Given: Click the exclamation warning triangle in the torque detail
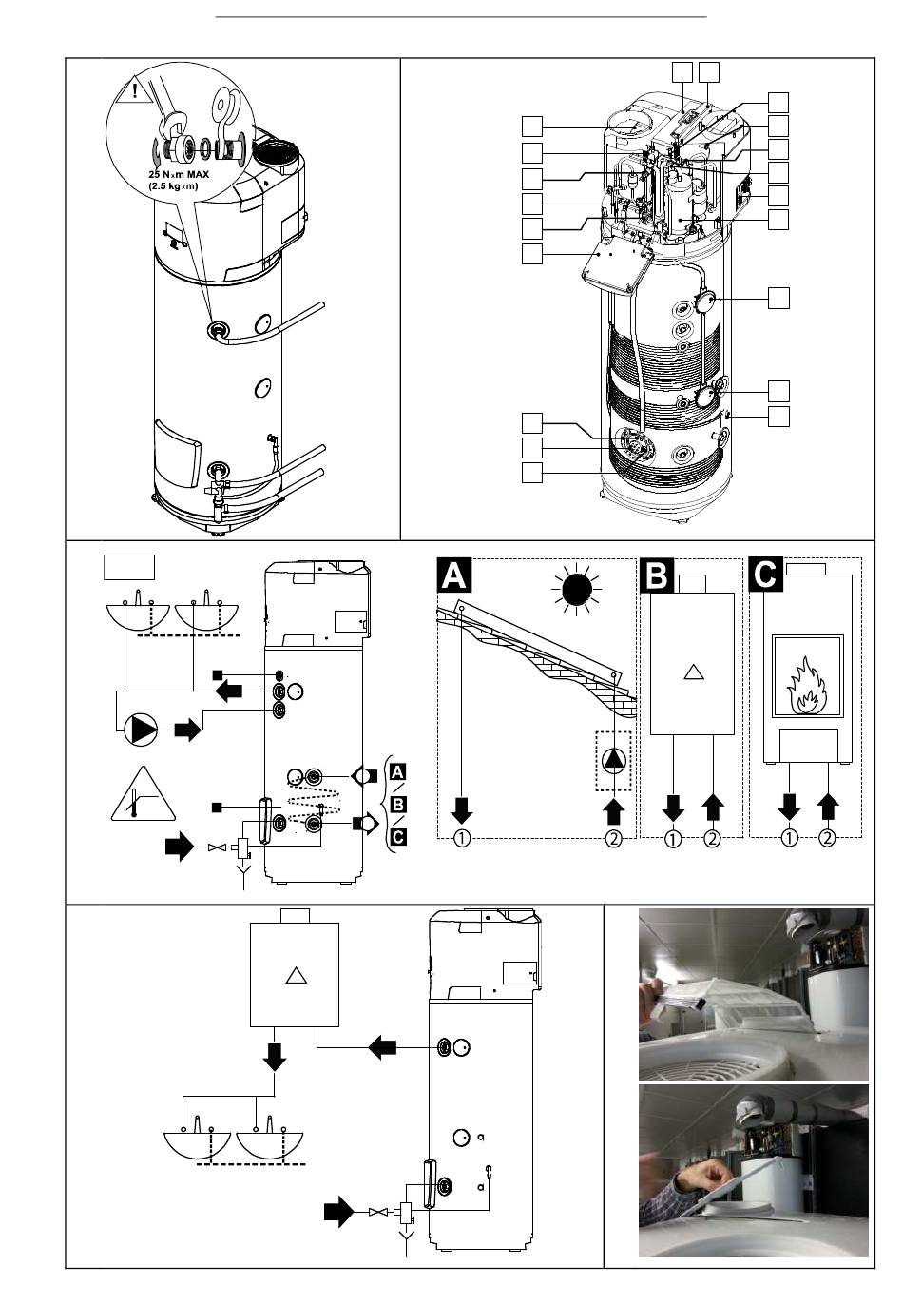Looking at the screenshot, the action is tap(134, 90).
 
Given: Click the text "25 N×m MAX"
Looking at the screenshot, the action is tap(179, 174).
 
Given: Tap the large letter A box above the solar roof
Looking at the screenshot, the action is tap(454, 575).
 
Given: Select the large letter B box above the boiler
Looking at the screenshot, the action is tap(657, 575).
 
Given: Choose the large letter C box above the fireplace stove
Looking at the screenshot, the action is tap(765, 575).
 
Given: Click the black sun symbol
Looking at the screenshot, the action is tap(576, 589).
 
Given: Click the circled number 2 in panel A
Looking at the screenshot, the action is tap(614, 838).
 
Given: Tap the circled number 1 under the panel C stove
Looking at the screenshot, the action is tap(789, 838).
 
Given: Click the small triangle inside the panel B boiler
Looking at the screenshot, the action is tap(693, 672).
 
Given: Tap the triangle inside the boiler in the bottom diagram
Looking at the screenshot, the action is tap(296, 976).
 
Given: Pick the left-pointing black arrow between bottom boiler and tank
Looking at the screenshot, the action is tap(382, 1047).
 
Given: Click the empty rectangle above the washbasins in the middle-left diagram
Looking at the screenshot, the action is tap(128, 568).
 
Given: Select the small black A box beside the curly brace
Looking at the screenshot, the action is tap(397, 772).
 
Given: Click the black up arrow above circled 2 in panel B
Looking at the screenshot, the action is tap(713, 808).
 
